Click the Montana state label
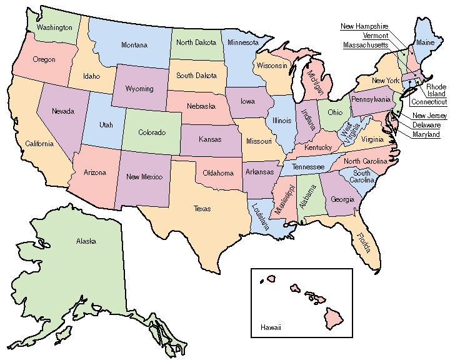tap(134, 45)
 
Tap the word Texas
tap(202, 209)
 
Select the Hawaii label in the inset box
tap(271, 327)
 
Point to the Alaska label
tap(84, 241)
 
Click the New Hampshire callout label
tap(364, 26)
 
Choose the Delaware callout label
tap(426, 125)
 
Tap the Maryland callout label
tap(426, 134)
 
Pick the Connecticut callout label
tap(429, 102)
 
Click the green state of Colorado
tap(151, 132)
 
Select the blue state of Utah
tap(106, 125)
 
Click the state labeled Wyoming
tap(139, 89)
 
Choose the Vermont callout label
tap(374, 36)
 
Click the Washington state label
tap(54, 27)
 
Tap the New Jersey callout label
tap(429, 116)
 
